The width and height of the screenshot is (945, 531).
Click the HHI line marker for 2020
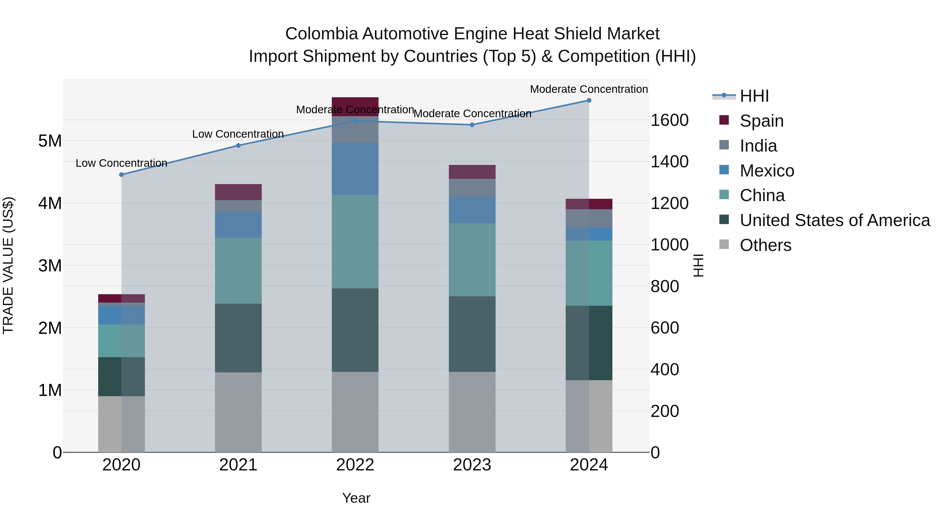[x=122, y=175]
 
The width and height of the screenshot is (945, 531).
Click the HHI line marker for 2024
[x=589, y=100]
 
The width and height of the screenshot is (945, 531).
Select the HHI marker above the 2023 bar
[x=472, y=125]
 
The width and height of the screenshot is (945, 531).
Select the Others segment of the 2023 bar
[x=472, y=412]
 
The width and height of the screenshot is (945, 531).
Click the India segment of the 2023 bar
[x=472, y=188]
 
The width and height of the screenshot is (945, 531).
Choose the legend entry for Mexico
[x=767, y=171]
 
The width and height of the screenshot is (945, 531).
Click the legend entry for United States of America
[x=834, y=220]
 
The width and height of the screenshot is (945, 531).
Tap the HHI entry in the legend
[x=754, y=96]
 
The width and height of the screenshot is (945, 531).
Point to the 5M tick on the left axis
[x=50, y=141]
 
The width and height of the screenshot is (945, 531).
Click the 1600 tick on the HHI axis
[x=669, y=120]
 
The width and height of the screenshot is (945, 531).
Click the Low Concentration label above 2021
[x=238, y=134]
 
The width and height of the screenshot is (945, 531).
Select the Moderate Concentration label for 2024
[x=589, y=89]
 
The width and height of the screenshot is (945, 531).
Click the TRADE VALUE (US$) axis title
[x=8, y=265]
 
